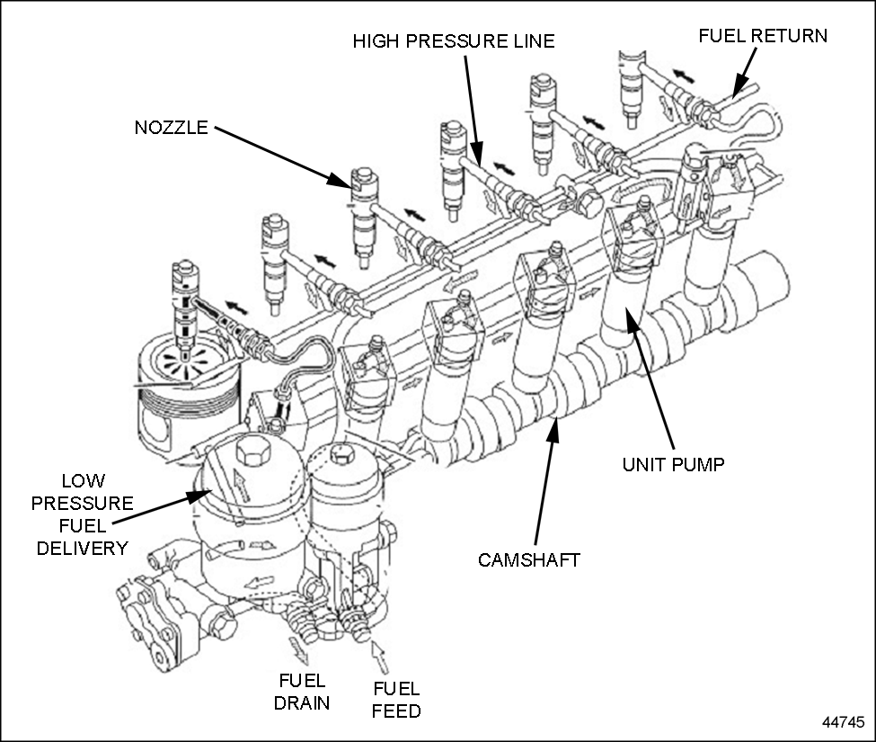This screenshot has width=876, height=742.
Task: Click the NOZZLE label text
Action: pyautogui.click(x=171, y=128)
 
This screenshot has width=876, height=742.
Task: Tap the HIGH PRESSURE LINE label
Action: pyautogui.click(x=453, y=41)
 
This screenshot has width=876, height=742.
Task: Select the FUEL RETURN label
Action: pyautogui.click(x=763, y=36)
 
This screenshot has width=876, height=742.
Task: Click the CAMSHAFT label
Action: pyautogui.click(x=529, y=559)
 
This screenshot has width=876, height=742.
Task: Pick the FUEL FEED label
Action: pyautogui.click(x=395, y=700)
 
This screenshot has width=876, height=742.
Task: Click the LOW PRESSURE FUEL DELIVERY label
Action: pyautogui.click(x=82, y=514)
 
